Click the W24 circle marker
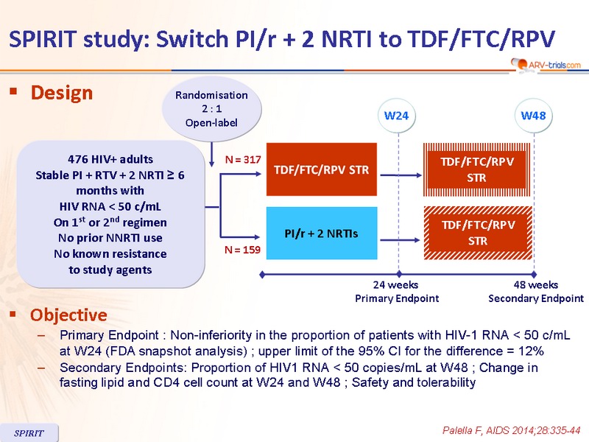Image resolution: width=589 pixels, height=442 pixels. pyautogui.click(x=397, y=115)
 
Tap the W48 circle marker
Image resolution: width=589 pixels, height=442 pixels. pyautogui.click(x=533, y=115)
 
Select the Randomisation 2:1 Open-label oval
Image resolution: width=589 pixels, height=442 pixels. pyautogui.click(x=211, y=108)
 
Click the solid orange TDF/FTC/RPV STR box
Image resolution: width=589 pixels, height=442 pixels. pyautogui.click(x=322, y=169)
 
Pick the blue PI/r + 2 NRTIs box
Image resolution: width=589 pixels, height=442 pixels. pyautogui.click(x=322, y=234)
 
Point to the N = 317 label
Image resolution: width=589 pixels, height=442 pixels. pyautogui.click(x=243, y=160)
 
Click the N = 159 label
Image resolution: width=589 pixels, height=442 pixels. pyautogui.click(x=242, y=250)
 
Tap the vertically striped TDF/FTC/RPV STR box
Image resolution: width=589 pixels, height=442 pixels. pyautogui.click(x=477, y=169)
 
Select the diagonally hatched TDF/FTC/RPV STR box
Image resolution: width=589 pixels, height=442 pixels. pyautogui.click(x=478, y=233)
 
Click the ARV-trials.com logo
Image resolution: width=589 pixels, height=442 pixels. pyautogui.click(x=546, y=65)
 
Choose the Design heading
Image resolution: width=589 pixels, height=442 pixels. pyautogui.click(x=62, y=93)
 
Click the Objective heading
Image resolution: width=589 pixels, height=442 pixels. pyautogui.click(x=68, y=315)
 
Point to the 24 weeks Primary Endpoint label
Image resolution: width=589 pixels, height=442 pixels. pyautogui.click(x=397, y=292)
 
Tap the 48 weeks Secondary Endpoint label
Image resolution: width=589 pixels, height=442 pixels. pyautogui.click(x=536, y=292)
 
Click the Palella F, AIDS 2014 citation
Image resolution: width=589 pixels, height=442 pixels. pyautogui.click(x=511, y=430)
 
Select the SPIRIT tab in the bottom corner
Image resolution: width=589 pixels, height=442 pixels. pyautogui.click(x=29, y=433)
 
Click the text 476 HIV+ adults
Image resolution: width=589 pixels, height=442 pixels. pyautogui.click(x=110, y=159)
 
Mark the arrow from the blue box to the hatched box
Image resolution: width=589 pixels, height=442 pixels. pyautogui.click(x=400, y=240)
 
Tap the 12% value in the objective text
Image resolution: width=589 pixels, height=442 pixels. pyautogui.click(x=531, y=351)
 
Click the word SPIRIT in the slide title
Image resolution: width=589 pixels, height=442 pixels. pyautogui.click(x=43, y=39)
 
